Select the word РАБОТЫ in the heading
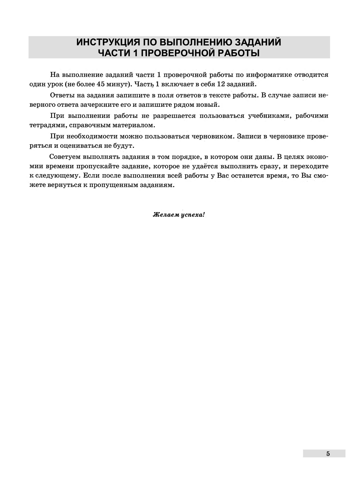238,53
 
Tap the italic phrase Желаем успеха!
179,215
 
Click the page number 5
328,454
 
